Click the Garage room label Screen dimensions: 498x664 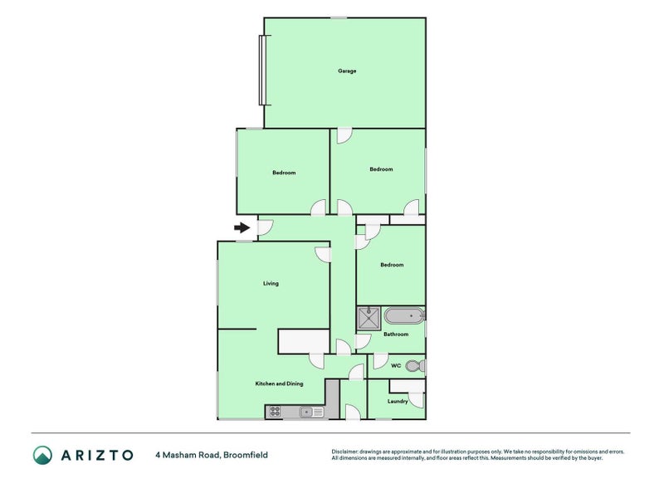click(347, 71)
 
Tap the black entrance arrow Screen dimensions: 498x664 click(242, 227)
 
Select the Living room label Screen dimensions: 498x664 click(271, 284)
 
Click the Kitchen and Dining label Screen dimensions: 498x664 click(279, 383)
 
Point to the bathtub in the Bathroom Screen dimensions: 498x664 click(406, 315)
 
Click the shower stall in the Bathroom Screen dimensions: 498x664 click(369, 315)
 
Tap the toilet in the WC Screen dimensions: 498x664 click(419, 364)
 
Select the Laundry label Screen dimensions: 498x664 click(398, 402)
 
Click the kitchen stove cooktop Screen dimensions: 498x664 click(275, 411)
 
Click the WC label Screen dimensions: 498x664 click(396, 365)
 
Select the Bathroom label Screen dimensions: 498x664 click(396, 334)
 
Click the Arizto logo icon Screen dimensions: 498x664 click(42, 455)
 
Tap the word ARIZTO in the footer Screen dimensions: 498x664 click(96, 455)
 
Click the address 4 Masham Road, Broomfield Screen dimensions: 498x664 click(211, 455)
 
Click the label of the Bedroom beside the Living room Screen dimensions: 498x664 click(392, 266)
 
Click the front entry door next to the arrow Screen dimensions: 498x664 click(265, 226)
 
